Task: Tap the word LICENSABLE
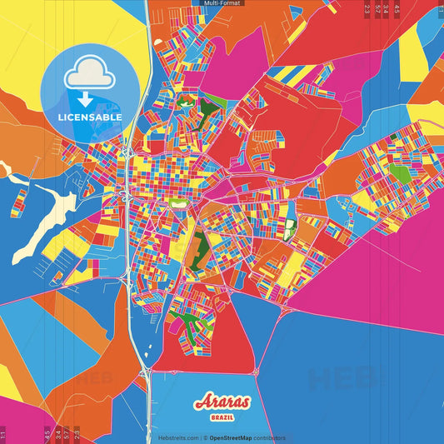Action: click(x=90, y=117)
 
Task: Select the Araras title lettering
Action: click(x=221, y=403)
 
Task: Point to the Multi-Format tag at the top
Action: click(x=222, y=3)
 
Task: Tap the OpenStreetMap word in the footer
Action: click(x=236, y=437)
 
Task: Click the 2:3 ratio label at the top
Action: click(x=367, y=9)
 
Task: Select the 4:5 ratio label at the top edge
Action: click(x=397, y=9)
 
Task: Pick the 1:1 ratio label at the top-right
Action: click(x=438, y=9)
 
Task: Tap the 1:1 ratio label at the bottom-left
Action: click(x=3, y=434)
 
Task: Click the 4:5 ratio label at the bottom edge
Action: click(x=47, y=434)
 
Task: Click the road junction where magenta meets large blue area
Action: click(x=283, y=309)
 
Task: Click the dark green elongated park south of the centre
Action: click(x=201, y=250)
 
